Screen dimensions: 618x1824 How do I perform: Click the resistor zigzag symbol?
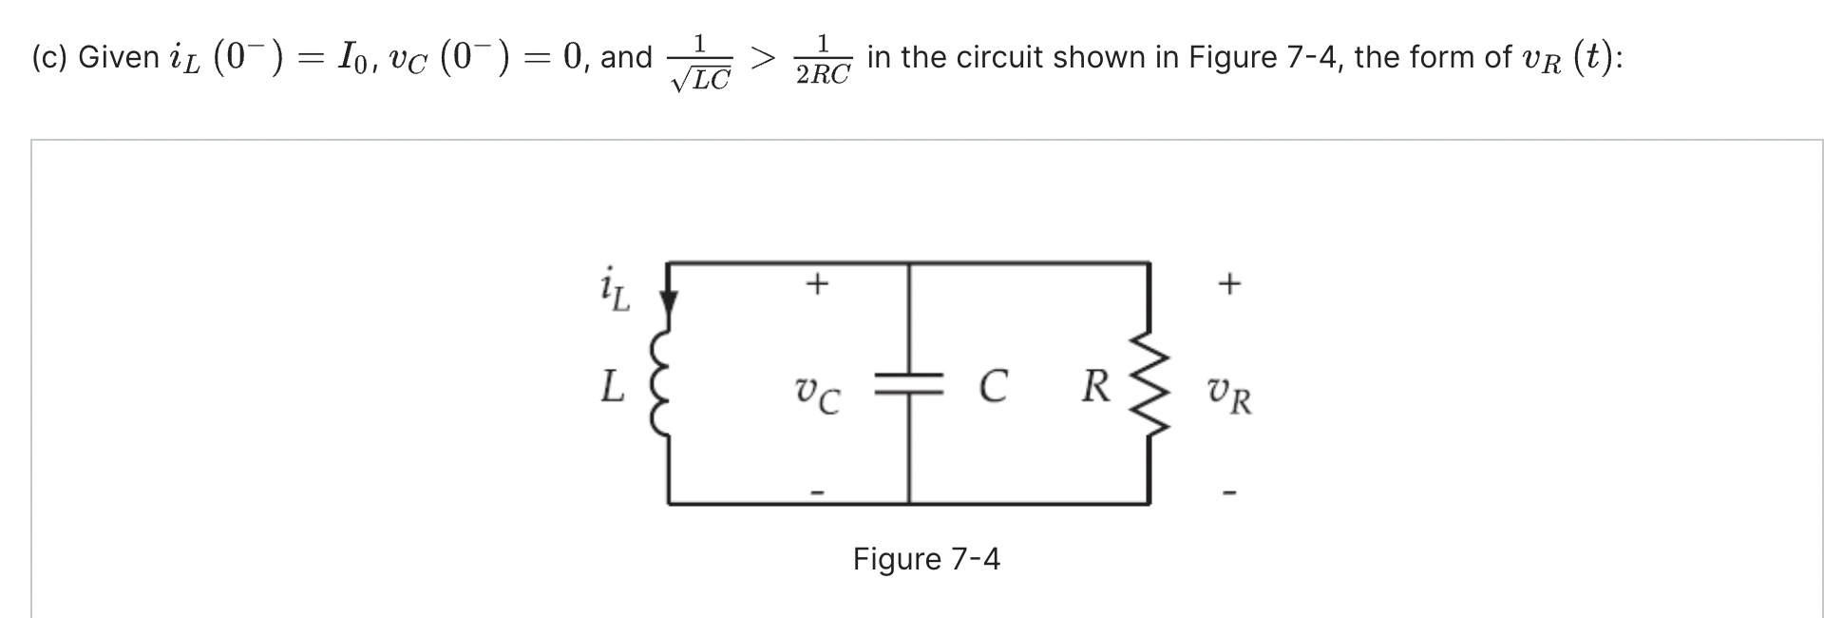pyautogui.click(x=1151, y=385)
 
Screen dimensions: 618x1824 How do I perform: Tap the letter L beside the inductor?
pyautogui.click(x=613, y=387)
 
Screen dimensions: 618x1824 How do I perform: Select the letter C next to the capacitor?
pyautogui.click(x=992, y=387)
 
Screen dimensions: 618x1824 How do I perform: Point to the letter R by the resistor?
pyautogui.click(x=1095, y=387)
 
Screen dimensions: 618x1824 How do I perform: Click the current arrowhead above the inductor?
pyautogui.click(x=669, y=302)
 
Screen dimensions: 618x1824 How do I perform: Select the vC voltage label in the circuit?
pyautogui.click(x=817, y=395)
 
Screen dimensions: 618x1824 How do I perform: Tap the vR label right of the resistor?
pyautogui.click(x=1229, y=396)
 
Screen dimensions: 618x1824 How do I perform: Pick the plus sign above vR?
pyautogui.click(x=1229, y=283)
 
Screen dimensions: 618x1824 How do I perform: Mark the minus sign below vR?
pyautogui.click(x=1230, y=492)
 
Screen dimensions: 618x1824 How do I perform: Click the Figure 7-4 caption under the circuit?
pyautogui.click(x=926, y=559)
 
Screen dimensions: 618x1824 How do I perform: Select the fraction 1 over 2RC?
pyautogui.click(x=823, y=60)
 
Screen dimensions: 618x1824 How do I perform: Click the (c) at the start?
pyautogui.click(x=47, y=58)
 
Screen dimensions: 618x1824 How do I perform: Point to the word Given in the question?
pyautogui.click(x=119, y=58)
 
